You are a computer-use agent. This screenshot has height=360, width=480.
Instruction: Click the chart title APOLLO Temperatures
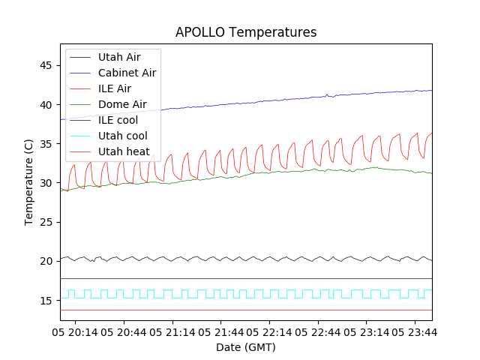click(246, 32)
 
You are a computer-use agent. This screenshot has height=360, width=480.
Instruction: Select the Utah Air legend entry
click(118, 57)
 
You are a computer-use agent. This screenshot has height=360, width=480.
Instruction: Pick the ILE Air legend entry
click(114, 88)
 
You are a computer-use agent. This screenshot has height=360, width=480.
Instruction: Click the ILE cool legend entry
click(118, 120)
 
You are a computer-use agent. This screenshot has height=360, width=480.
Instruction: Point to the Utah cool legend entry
click(122, 136)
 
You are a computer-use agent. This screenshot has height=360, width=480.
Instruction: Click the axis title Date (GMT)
click(246, 347)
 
